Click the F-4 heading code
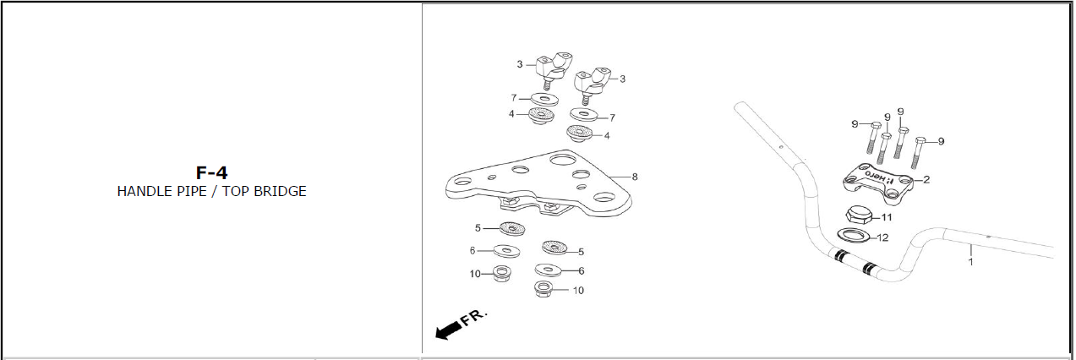(211, 172)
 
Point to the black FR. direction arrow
(450, 330)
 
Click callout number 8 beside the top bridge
(635, 177)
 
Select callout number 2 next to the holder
(926, 179)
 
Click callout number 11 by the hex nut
(887, 217)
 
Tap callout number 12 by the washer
(883, 237)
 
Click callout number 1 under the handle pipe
(971, 262)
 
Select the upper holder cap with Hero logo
(877, 183)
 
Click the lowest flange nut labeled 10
(543, 289)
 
